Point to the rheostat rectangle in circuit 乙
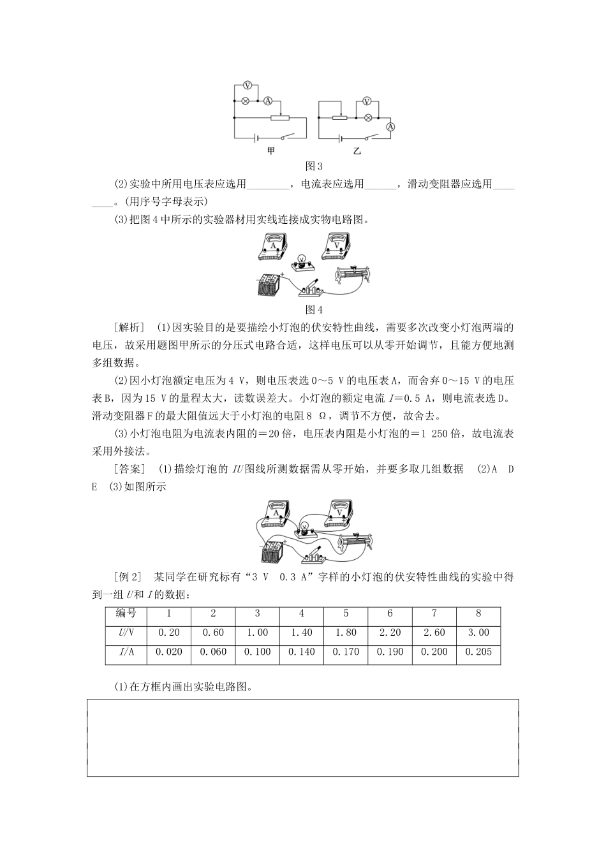(341, 118)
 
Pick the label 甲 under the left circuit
(271, 151)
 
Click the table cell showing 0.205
(478, 652)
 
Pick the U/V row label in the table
(126, 633)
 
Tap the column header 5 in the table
(346, 613)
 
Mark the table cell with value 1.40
(301, 633)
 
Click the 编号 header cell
(126, 613)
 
